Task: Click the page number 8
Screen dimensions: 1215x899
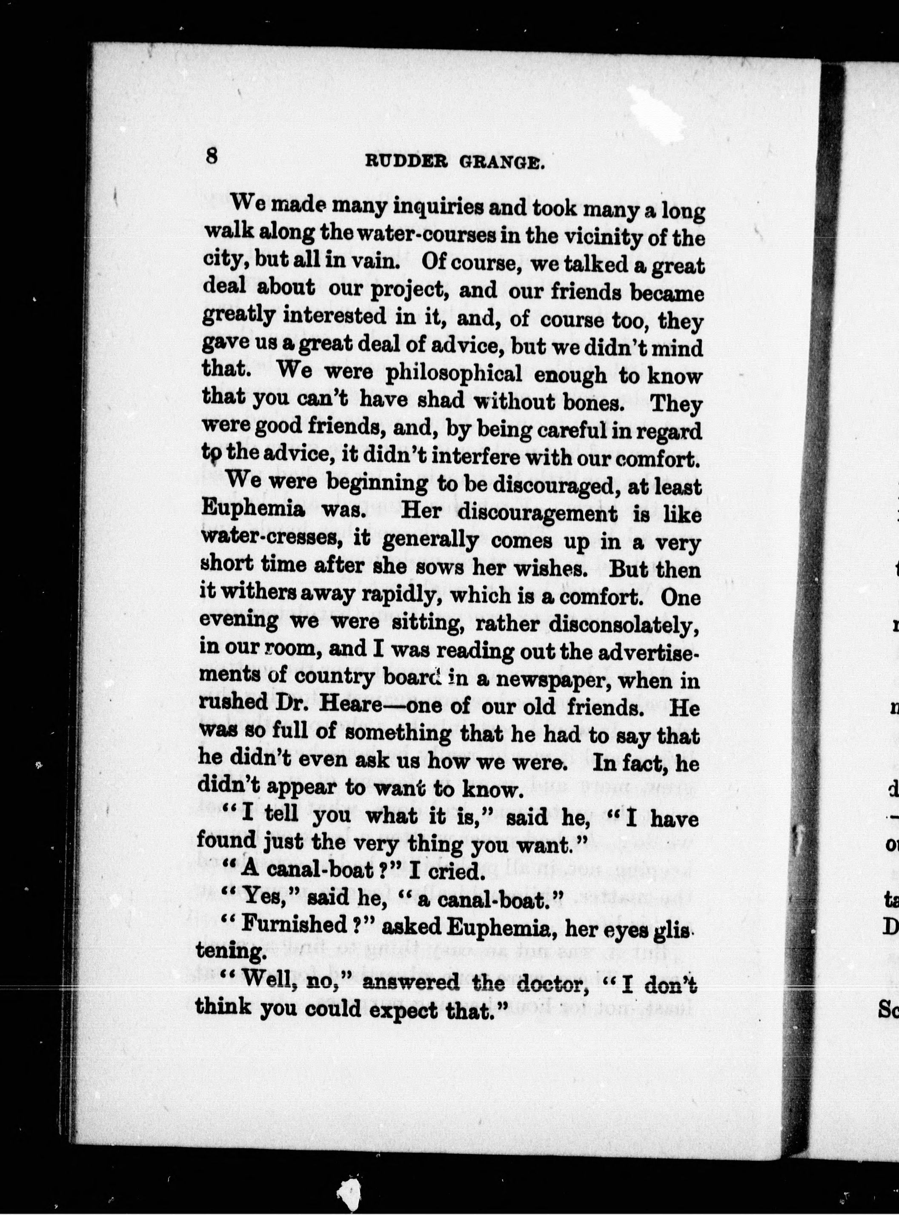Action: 212,156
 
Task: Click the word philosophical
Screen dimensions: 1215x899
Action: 453,374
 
